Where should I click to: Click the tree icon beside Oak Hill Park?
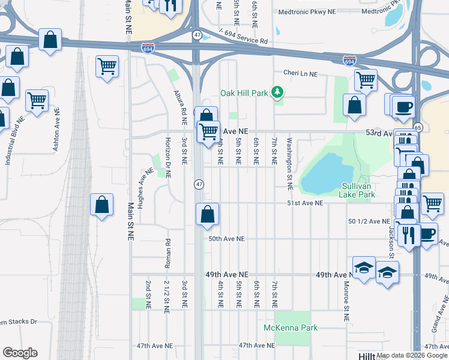pyautogui.click(x=277, y=92)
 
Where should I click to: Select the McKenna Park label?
pyautogui.click(x=291, y=328)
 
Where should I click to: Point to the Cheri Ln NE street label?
pyautogui.click(x=309, y=73)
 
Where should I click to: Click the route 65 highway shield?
pyautogui.click(x=418, y=127)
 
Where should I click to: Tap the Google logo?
pyautogui.click(x=20, y=353)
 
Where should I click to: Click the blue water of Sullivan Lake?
pyautogui.click(x=325, y=172)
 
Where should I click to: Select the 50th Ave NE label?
pyautogui.click(x=226, y=239)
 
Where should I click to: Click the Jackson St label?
pyautogui.click(x=390, y=238)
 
